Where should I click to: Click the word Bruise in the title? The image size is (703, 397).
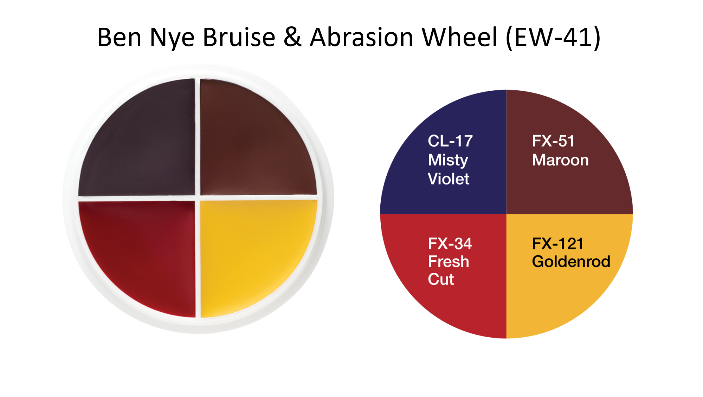click(x=239, y=37)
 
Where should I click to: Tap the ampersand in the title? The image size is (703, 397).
click(x=292, y=37)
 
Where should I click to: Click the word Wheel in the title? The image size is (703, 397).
click(x=459, y=37)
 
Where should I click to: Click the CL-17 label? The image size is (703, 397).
click(x=450, y=141)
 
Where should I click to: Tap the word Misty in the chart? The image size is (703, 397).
click(x=448, y=161)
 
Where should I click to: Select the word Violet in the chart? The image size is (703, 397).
click(x=449, y=179)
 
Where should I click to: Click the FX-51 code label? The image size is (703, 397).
click(x=553, y=141)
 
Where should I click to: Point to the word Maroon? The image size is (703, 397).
click(x=560, y=160)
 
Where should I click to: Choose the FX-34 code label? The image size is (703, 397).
click(x=450, y=244)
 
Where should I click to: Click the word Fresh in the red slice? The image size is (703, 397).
click(x=449, y=262)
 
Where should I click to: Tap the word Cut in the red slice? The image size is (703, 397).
click(x=441, y=280)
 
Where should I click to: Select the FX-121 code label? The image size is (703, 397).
click(x=558, y=244)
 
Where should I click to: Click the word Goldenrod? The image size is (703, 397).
click(x=571, y=262)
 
